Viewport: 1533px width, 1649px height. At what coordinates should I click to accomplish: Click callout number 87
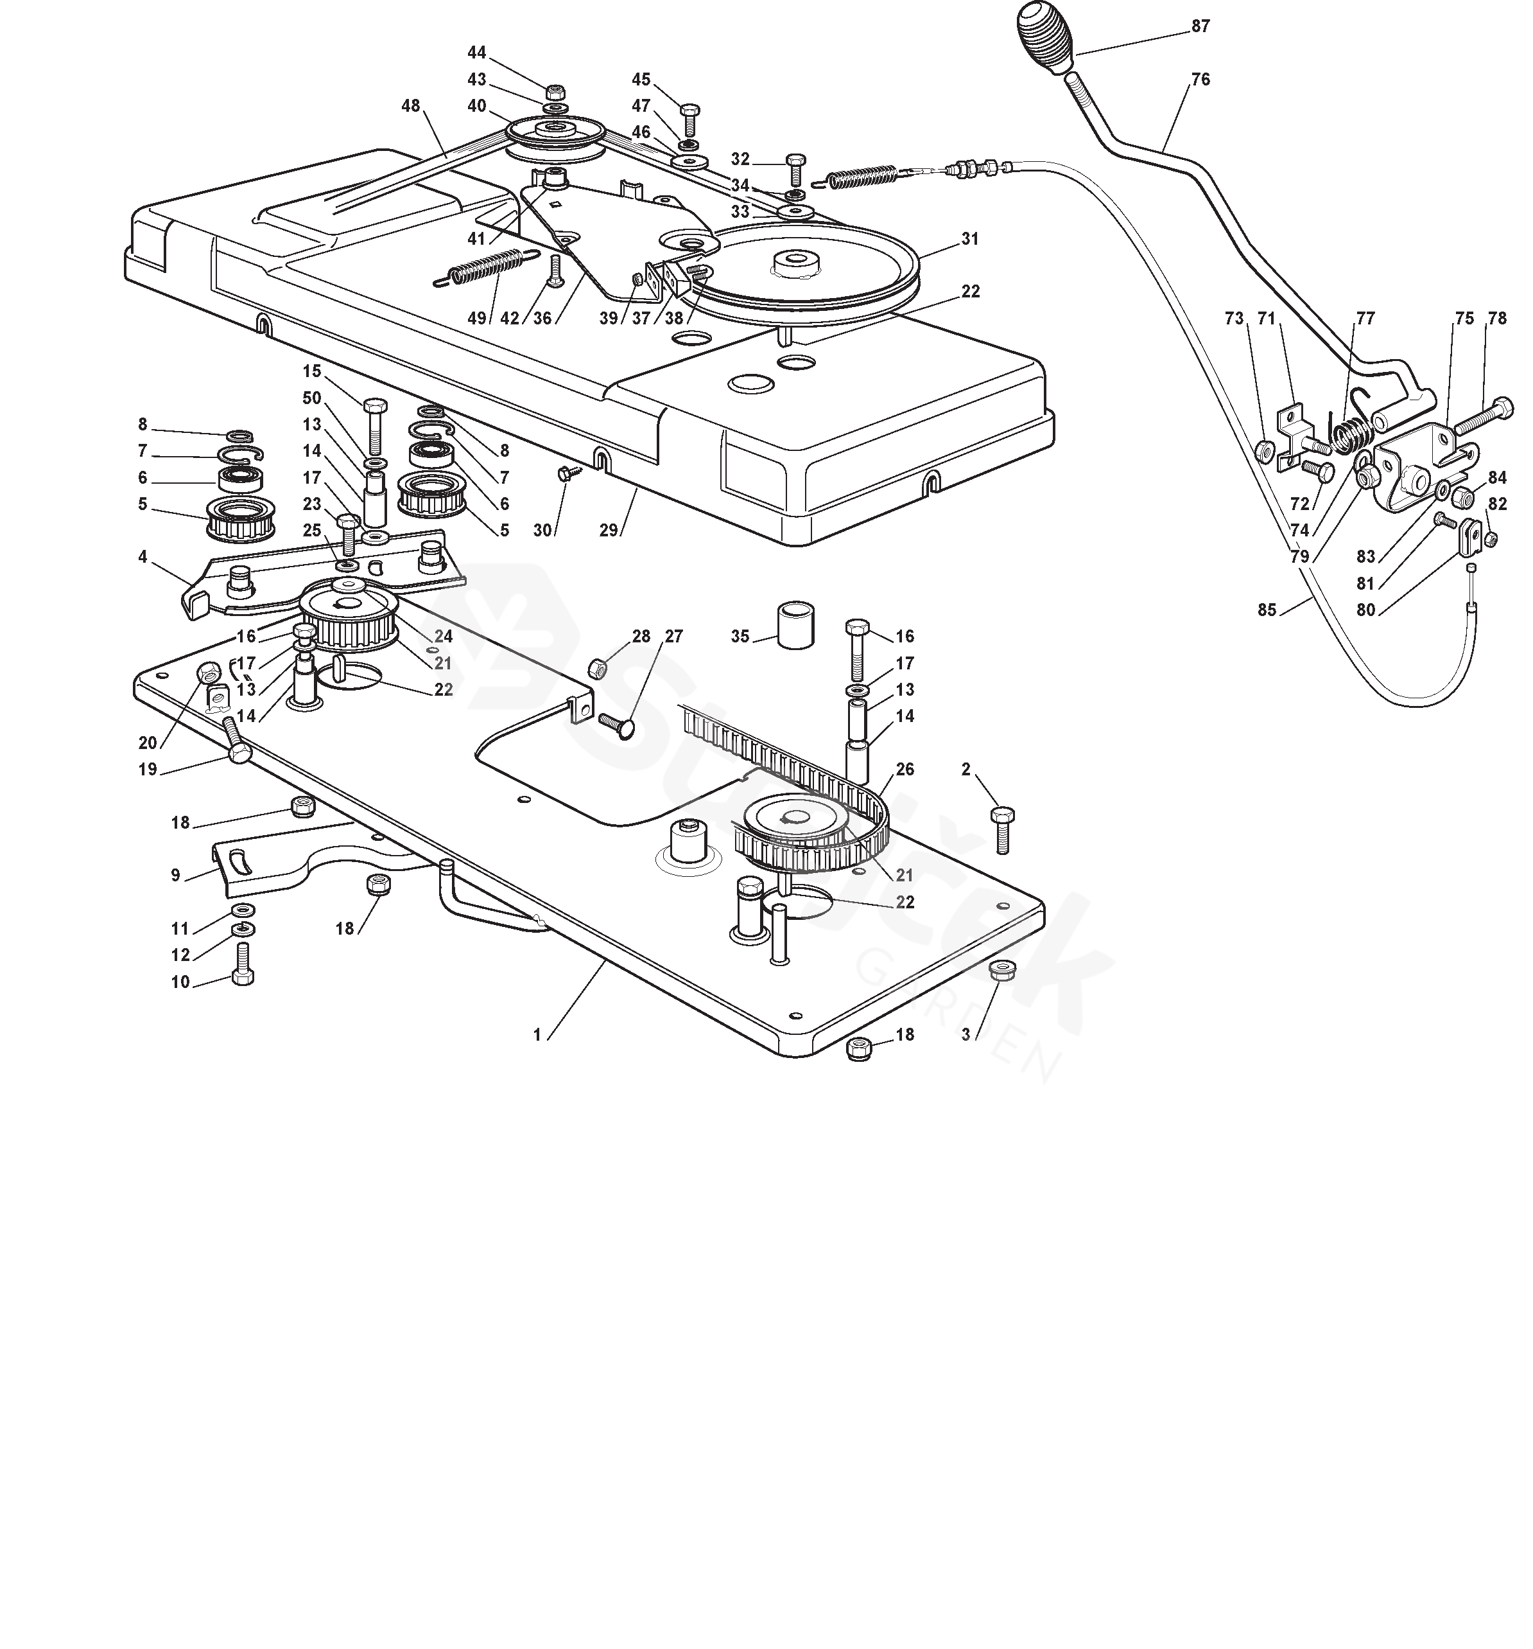tap(1200, 26)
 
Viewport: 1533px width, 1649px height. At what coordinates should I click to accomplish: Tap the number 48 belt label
tap(410, 106)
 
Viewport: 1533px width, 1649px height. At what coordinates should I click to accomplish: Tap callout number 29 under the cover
tap(609, 530)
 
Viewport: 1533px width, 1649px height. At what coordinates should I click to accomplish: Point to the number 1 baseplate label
tap(537, 1034)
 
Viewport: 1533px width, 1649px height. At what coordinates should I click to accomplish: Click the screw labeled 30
tap(571, 473)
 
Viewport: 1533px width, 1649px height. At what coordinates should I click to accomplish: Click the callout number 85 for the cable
tap(1266, 610)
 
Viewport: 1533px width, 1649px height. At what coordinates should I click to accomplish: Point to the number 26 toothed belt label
tap(905, 769)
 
